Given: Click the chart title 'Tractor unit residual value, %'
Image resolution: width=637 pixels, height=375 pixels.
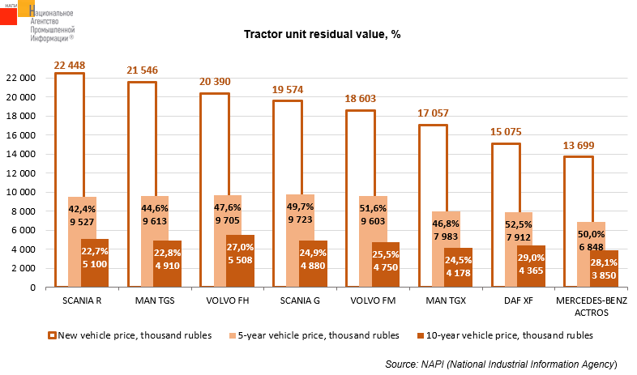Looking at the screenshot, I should [323, 35].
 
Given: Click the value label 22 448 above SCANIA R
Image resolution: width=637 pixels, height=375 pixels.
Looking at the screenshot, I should [69, 66].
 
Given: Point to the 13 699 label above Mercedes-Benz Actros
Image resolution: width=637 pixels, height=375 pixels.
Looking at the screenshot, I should [578, 145].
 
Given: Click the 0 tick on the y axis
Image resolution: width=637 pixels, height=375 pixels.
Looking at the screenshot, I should [33, 287].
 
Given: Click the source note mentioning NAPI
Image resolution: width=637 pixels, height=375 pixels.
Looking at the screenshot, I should [501, 364].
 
